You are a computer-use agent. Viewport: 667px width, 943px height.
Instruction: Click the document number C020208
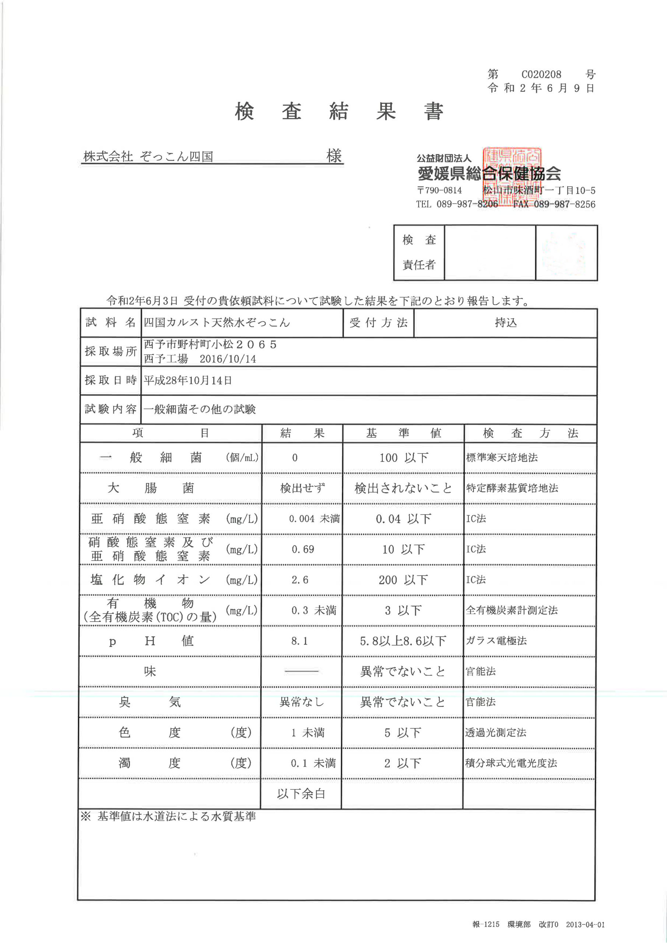[x=541, y=74]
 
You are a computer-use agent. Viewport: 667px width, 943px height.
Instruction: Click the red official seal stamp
[x=512, y=176]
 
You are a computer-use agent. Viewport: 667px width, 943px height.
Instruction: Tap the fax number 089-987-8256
[x=564, y=204]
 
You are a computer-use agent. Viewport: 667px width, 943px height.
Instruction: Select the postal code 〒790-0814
[x=439, y=190]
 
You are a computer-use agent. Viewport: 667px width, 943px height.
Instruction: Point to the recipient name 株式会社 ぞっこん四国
[x=148, y=157]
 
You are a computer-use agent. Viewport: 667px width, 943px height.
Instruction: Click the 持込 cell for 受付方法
[x=506, y=323]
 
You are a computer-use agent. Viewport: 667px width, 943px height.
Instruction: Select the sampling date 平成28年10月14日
[x=188, y=380]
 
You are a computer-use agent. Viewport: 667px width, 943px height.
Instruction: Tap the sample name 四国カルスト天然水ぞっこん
[x=217, y=322]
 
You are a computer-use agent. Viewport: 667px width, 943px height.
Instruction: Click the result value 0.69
[x=303, y=549]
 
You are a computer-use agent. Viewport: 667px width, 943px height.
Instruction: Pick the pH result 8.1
[x=299, y=641]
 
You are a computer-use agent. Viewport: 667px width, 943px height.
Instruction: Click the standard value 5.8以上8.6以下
[x=403, y=641]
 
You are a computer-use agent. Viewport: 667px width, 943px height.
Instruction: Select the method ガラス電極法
[x=496, y=641]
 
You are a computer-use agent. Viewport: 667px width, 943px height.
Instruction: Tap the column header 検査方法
[x=530, y=433]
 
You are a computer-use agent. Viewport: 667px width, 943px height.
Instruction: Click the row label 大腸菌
[x=150, y=488]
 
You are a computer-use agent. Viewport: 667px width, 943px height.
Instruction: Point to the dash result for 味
[x=302, y=671]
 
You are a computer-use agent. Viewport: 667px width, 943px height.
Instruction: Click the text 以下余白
[x=301, y=793]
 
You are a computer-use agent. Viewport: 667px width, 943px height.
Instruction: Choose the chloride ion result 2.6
[x=300, y=580]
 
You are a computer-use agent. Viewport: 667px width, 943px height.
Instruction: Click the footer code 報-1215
[x=486, y=924]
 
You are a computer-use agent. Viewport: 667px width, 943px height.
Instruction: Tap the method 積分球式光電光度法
[x=511, y=763]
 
